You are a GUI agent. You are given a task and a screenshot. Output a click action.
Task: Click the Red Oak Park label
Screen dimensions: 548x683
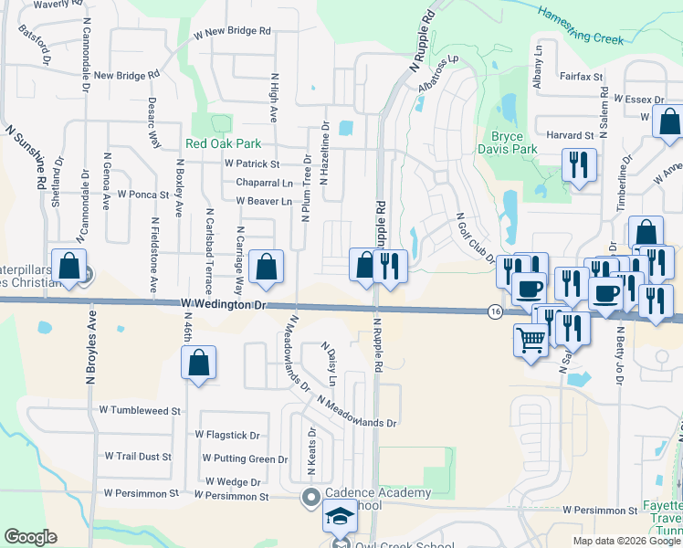tap(224, 143)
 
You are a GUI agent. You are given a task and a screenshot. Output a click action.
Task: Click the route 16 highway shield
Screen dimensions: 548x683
tap(494, 312)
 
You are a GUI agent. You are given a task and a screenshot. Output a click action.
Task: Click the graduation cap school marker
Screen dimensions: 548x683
tap(340, 518)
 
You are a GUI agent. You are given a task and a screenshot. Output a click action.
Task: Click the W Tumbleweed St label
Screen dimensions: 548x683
tap(139, 411)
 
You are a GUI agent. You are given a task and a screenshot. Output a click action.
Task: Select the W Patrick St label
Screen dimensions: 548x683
tap(251, 164)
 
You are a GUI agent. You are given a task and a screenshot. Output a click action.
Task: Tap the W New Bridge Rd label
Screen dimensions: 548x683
tap(233, 32)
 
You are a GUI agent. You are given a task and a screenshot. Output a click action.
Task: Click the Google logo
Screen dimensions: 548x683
tap(30, 537)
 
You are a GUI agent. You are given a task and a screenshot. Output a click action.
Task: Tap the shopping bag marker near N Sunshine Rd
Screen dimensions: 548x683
tap(69, 266)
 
